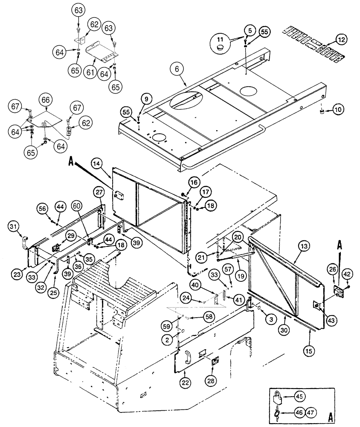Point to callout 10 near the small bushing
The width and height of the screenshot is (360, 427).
(338, 110)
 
